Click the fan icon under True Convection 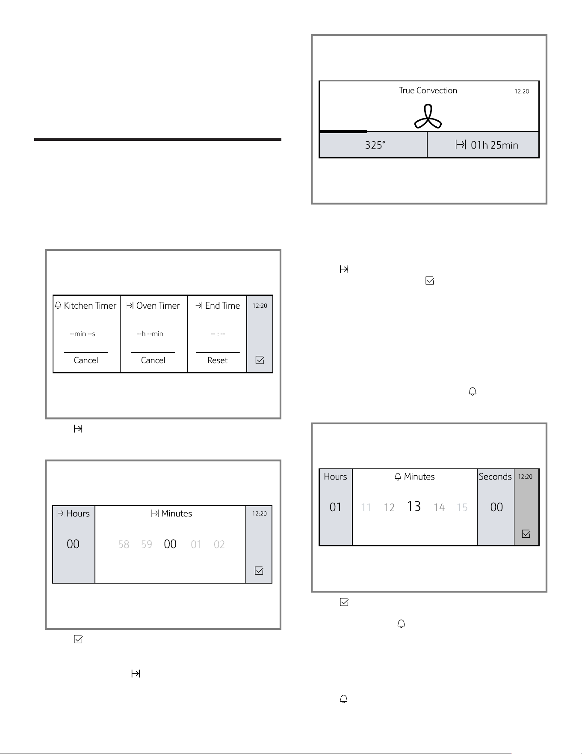tap(428, 117)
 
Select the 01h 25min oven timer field tap(483, 145)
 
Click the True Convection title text tap(428, 90)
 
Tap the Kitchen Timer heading tap(86, 306)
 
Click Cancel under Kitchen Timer tap(86, 360)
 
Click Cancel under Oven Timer tap(153, 360)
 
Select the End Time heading tap(218, 306)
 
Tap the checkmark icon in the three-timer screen tap(260, 360)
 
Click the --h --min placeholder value tap(150, 334)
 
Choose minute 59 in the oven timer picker tap(147, 544)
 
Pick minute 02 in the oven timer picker tap(219, 544)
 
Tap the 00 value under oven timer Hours tap(73, 544)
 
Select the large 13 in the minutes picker tap(414, 507)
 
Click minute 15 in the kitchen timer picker tap(462, 507)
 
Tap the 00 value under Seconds tap(496, 507)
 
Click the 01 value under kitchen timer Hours tap(336, 507)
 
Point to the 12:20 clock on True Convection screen tap(522, 91)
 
